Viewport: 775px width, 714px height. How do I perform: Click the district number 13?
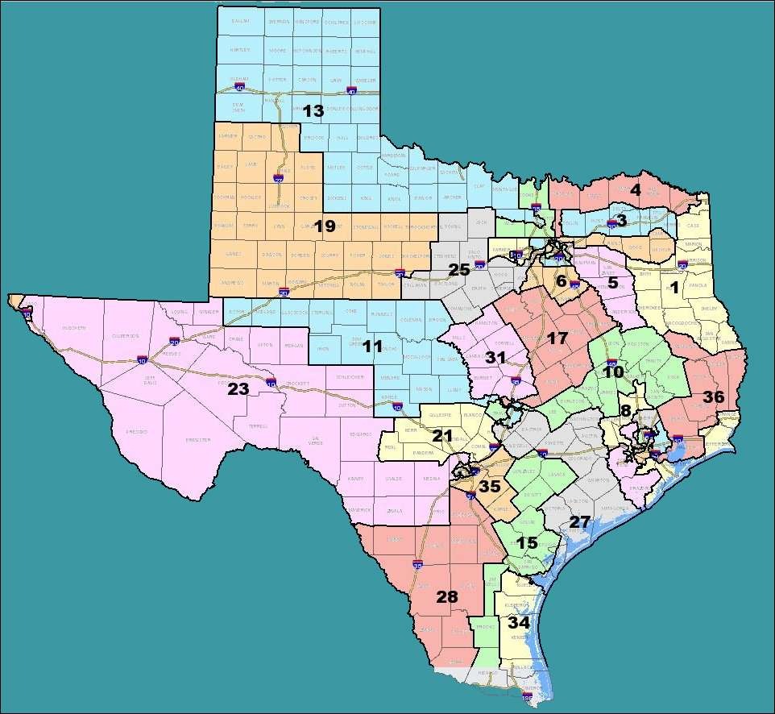coord(313,110)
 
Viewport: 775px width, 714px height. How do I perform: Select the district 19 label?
coord(324,226)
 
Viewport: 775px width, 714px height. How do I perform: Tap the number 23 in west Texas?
coord(238,388)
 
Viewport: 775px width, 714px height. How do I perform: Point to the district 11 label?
coord(372,347)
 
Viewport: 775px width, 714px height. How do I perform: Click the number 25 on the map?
coord(458,270)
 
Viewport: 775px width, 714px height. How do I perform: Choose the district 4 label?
coord(635,191)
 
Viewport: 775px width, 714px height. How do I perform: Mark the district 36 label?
coord(714,396)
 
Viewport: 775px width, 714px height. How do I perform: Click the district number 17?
coord(557,338)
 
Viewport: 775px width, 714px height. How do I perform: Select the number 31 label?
coord(495,357)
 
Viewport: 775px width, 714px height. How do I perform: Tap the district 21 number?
coord(443,436)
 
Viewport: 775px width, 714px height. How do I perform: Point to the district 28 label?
coord(446,597)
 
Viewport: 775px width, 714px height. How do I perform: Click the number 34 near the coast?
coord(519,623)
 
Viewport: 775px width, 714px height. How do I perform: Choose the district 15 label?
coord(527,543)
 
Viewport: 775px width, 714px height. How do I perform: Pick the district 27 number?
coord(580,521)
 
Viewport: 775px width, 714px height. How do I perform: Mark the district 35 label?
coord(489,487)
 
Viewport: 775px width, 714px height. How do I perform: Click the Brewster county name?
coord(198,439)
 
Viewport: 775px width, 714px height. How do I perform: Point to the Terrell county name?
coord(259,425)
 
